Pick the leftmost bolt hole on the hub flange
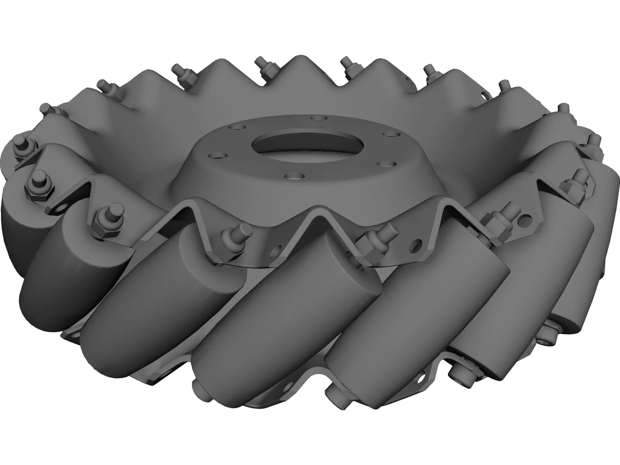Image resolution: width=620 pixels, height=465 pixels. (212, 156)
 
